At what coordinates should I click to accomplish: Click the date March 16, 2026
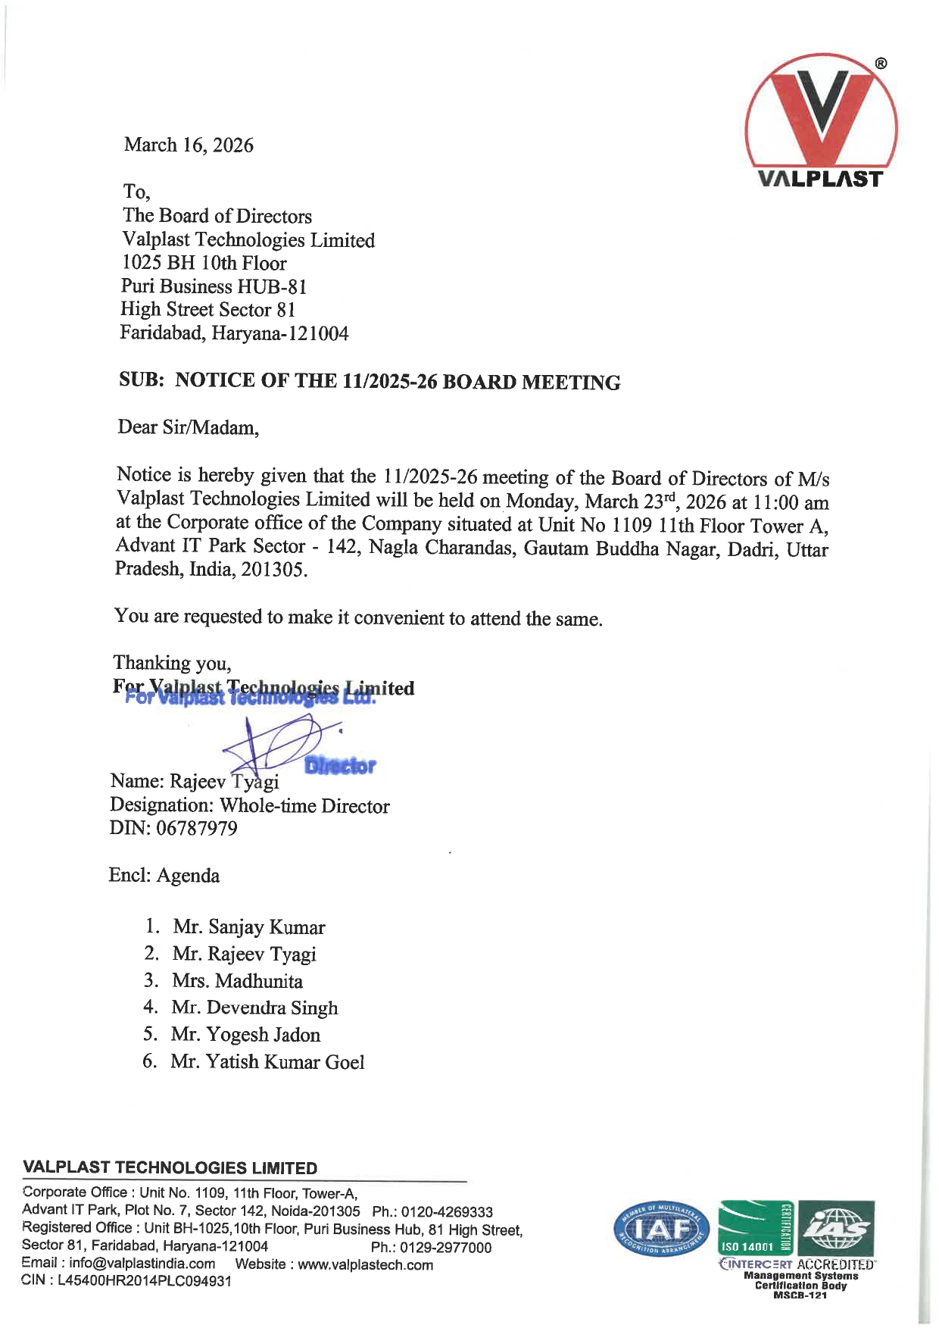[189, 145]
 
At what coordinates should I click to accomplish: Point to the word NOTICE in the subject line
[215, 380]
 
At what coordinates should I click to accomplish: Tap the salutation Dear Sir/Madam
[188, 427]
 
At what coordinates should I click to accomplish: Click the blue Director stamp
[340, 766]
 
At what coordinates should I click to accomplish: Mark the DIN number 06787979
[196, 828]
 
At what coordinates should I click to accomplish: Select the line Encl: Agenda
[164, 876]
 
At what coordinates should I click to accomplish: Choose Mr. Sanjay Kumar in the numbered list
[248, 927]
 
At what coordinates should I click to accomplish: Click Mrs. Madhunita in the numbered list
[237, 981]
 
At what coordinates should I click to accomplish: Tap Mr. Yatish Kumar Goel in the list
[267, 1062]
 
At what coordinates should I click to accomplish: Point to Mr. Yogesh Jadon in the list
[245, 1035]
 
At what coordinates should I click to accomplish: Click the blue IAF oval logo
[661, 1230]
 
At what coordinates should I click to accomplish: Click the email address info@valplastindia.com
[142, 1263]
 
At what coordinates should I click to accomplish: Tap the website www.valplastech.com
[366, 1264]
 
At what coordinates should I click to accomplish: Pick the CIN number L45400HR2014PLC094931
[145, 1281]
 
